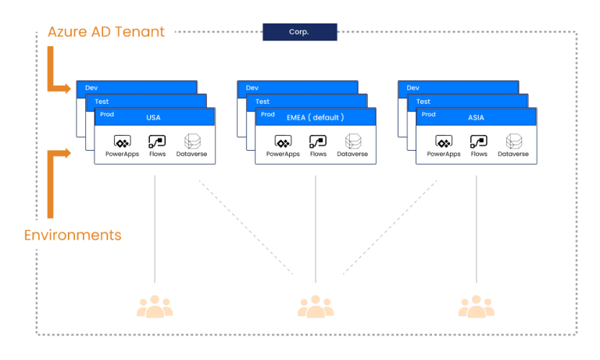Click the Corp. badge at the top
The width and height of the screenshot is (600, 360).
tap(299, 32)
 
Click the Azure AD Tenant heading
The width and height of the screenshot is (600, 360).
tap(105, 32)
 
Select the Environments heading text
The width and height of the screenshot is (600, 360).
tap(73, 235)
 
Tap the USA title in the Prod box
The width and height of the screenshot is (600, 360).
tap(153, 117)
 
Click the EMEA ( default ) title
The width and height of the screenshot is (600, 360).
tap(315, 117)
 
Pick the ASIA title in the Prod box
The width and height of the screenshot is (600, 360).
tap(476, 117)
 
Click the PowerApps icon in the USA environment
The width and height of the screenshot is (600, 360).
tap(121, 141)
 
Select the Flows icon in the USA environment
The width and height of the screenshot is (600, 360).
tap(157, 141)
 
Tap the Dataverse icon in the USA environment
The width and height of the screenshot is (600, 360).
tap(191, 141)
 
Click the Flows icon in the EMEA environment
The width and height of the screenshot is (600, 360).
tap(318, 141)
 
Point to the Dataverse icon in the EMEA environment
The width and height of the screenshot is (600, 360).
tap(352, 141)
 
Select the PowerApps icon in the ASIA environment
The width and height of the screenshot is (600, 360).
tap(443, 141)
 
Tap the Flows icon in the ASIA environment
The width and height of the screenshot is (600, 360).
tap(479, 141)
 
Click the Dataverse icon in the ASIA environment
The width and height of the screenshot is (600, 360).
tap(513, 141)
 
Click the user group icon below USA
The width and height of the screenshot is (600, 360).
tap(155, 306)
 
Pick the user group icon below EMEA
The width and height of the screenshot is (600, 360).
tap(316, 306)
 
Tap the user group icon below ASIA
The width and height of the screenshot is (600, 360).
tap(477, 306)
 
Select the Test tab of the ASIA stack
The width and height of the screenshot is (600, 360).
tap(423, 102)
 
